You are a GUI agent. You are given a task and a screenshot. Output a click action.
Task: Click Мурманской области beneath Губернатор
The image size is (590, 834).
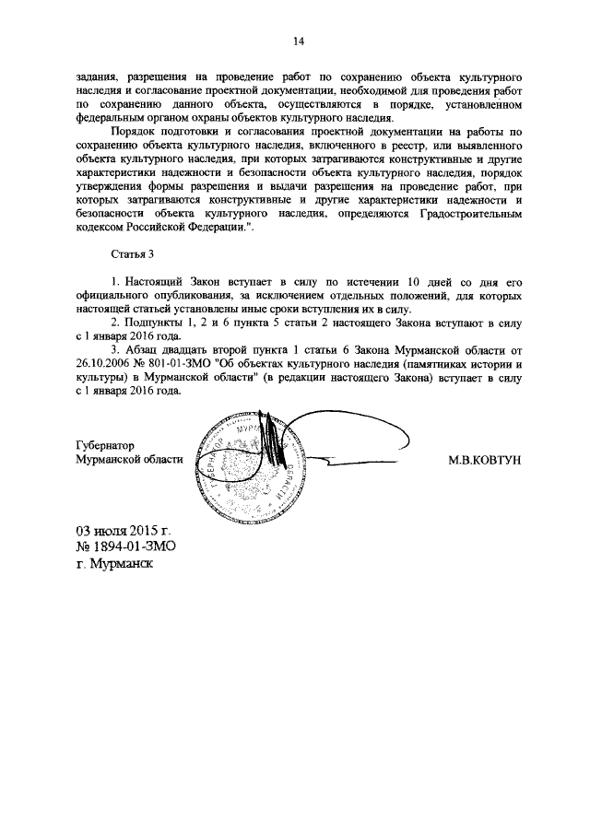tap(130, 460)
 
